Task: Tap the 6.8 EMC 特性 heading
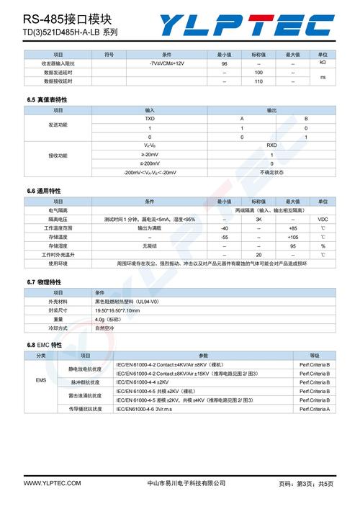(45, 346)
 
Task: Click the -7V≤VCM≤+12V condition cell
(166, 63)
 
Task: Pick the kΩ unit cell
(322, 63)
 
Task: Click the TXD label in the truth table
(149, 118)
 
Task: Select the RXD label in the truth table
(271, 145)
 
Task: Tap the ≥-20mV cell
(149, 155)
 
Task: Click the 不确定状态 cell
(271, 173)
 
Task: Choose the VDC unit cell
(322, 219)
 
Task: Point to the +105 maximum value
(292, 237)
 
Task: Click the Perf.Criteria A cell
(315, 409)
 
